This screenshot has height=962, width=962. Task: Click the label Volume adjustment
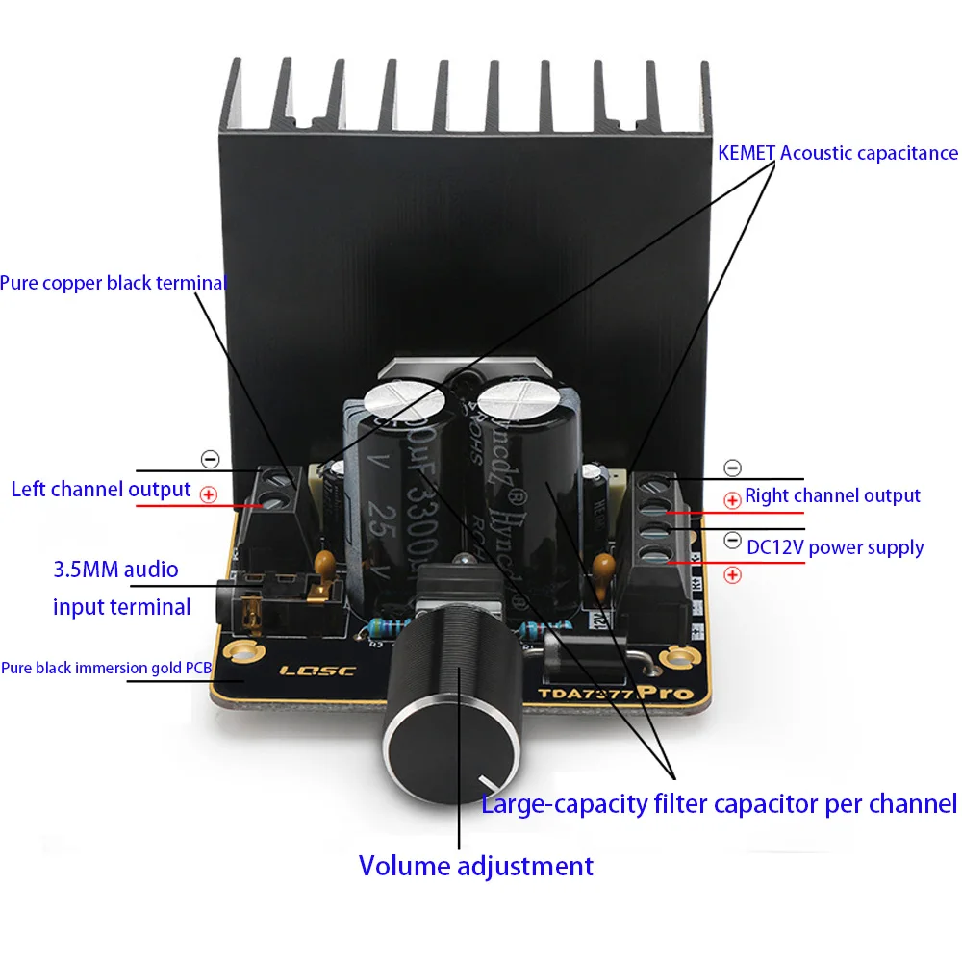click(x=476, y=866)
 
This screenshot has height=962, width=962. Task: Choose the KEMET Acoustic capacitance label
click(x=838, y=153)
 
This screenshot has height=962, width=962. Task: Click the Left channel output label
click(x=101, y=489)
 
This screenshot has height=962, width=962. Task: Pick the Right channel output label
click(x=832, y=495)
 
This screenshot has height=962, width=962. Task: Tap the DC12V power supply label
click(x=835, y=547)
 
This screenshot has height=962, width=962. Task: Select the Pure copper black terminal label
click(x=113, y=284)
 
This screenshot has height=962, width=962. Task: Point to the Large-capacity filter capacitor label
click(x=719, y=803)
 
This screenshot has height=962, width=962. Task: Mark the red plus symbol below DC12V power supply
click(x=732, y=575)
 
